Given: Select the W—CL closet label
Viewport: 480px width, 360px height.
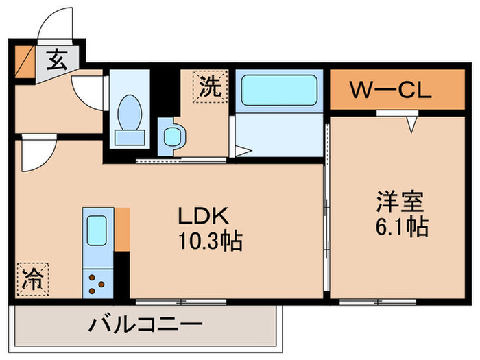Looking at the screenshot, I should pyautogui.click(x=390, y=91).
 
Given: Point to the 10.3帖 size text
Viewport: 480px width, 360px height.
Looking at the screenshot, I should pyautogui.click(x=211, y=241).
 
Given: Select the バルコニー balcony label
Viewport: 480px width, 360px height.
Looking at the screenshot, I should pyautogui.click(x=145, y=324).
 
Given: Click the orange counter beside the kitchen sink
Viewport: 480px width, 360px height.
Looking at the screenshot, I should pyautogui.click(x=122, y=228).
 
